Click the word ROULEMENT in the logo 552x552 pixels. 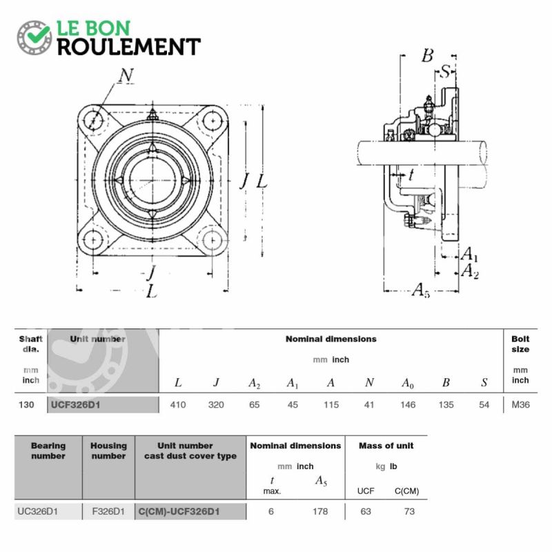coord(129,47)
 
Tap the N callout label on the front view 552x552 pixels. coord(126,75)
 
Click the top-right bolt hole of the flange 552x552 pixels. coord(213,120)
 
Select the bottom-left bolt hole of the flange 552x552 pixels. coord(93,240)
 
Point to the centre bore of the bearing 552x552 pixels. coord(152,180)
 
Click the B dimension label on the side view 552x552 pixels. coord(428,56)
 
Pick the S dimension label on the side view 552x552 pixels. coord(445,72)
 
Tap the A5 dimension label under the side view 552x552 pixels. coord(421,290)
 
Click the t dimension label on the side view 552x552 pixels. coord(411,175)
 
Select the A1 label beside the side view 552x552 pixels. coord(470,254)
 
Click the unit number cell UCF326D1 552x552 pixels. coord(76,405)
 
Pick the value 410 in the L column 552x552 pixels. coord(178,405)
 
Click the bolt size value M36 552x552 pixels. coord(520,405)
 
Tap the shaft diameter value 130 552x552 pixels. coord(26,405)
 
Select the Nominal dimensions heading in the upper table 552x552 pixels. coord(331,339)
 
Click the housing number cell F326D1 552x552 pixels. coord(108,511)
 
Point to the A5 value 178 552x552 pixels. coord(320,511)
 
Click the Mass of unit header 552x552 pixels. coord(386,446)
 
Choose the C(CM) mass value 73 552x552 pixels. coord(409,511)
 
